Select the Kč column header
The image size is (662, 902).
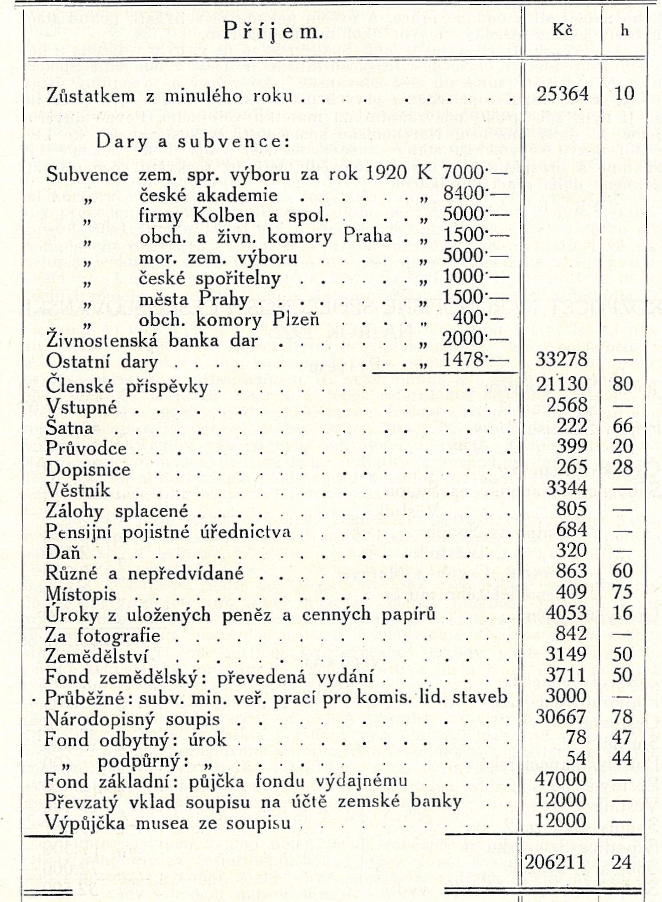[562, 30]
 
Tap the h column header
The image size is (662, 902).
[624, 31]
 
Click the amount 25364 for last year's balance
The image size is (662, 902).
[563, 94]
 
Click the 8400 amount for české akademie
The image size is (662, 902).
[463, 193]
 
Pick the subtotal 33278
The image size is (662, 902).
[561, 360]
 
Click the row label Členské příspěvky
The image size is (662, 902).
[127, 386]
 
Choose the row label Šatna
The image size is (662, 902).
[69, 427]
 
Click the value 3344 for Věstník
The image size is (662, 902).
[567, 488]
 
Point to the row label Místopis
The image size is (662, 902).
[81, 594]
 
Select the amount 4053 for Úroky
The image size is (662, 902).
[567, 612]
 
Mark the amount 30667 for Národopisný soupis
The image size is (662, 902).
[561, 717]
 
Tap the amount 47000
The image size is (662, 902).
[561, 779]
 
